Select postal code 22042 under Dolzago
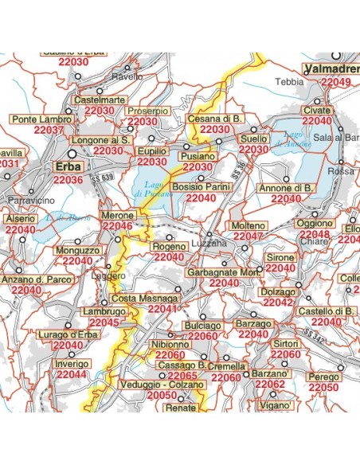click(278, 303)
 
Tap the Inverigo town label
click(72, 363)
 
